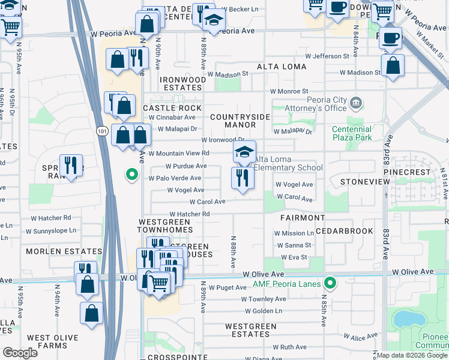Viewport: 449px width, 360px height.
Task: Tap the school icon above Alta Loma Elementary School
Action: [x=244, y=153]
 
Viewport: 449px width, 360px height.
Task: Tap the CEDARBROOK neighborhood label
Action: [x=348, y=231]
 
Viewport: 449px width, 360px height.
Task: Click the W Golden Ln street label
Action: [x=264, y=311]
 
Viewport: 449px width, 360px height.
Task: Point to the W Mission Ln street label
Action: [x=294, y=233]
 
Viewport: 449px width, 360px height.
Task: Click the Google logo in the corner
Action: [x=20, y=353]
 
